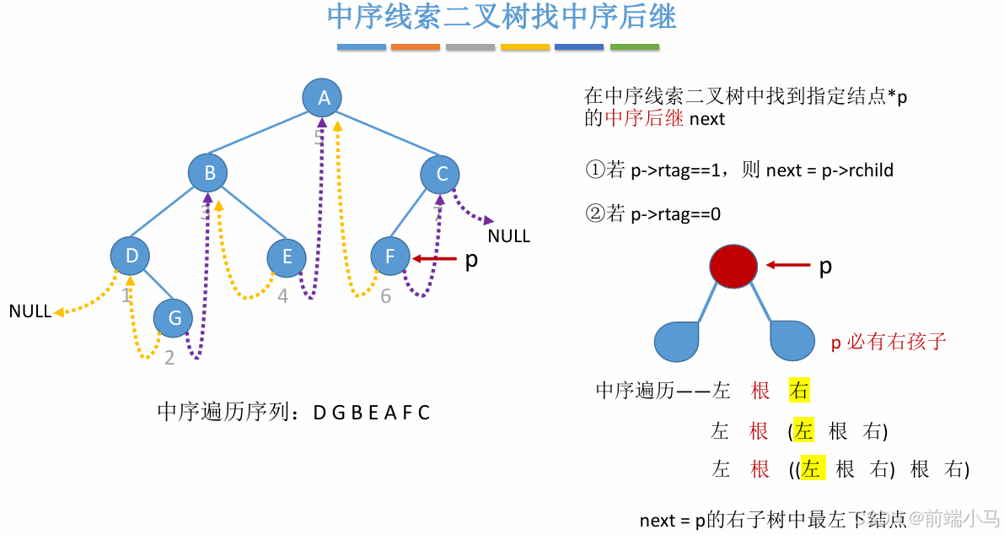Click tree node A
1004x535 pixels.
click(323, 99)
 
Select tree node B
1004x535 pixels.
click(209, 174)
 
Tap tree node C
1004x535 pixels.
click(441, 175)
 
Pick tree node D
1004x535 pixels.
click(131, 256)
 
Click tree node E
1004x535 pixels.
click(287, 257)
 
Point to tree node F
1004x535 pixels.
click(390, 257)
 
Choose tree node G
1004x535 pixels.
click(174, 318)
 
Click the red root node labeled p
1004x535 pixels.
click(733, 265)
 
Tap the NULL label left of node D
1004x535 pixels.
click(30, 311)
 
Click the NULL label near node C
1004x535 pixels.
click(508, 236)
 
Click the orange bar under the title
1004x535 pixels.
click(416, 47)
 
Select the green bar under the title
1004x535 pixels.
click(634, 47)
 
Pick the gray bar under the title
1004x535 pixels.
click(470, 47)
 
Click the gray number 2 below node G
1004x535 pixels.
click(169, 358)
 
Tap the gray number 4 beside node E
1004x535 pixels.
click(282, 297)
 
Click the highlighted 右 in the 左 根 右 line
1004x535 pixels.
click(799, 390)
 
